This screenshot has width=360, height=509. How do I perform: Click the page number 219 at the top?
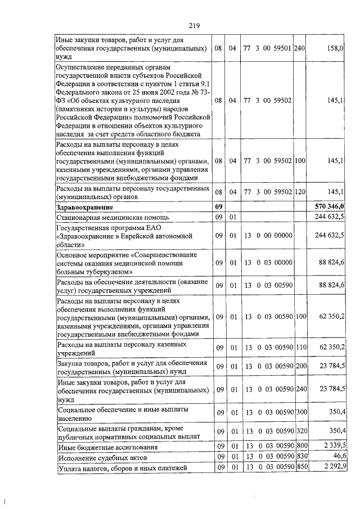click(x=195, y=25)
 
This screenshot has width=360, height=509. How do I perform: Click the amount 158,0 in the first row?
click(x=334, y=49)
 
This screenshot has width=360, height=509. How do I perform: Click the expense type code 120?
click(x=299, y=192)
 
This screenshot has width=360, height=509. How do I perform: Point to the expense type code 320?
click(x=299, y=431)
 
